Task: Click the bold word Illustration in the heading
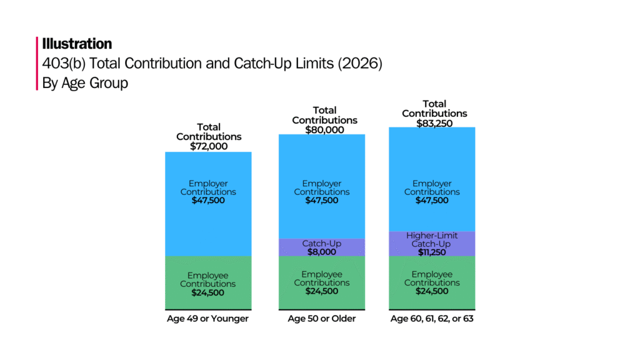77,44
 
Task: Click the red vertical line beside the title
37,63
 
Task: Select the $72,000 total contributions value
209,146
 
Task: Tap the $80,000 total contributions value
324,129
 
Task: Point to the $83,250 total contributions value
434,123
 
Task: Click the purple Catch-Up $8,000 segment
322,247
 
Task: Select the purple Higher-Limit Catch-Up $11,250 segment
432,244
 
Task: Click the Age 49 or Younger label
207,319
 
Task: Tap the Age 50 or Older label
322,319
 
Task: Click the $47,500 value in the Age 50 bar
322,201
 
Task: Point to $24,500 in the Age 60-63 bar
432,291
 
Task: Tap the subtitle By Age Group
85,82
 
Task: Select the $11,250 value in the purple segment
432,252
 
